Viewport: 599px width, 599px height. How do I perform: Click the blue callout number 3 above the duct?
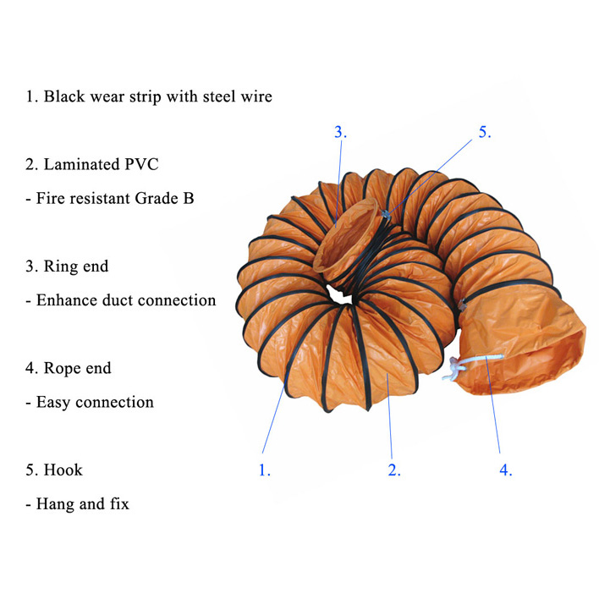[x=340, y=132]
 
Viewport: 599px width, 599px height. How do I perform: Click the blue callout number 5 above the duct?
[x=485, y=132]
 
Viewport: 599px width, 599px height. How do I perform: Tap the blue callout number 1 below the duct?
[x=264, y=470]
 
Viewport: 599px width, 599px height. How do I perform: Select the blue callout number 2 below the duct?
[x=394, y=470]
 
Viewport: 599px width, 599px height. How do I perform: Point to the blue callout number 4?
[x=506, y=470]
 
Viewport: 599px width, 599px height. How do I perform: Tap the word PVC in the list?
[x=141, y=164]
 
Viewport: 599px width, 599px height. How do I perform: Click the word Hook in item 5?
[x=63, y=470]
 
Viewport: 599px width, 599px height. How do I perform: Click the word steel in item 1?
[x=219, y=96]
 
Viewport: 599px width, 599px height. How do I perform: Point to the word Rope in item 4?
[x=63, y=368]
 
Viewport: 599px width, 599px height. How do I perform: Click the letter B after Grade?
[x=189, y=198]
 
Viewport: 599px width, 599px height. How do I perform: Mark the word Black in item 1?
[x=64, y=96]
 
